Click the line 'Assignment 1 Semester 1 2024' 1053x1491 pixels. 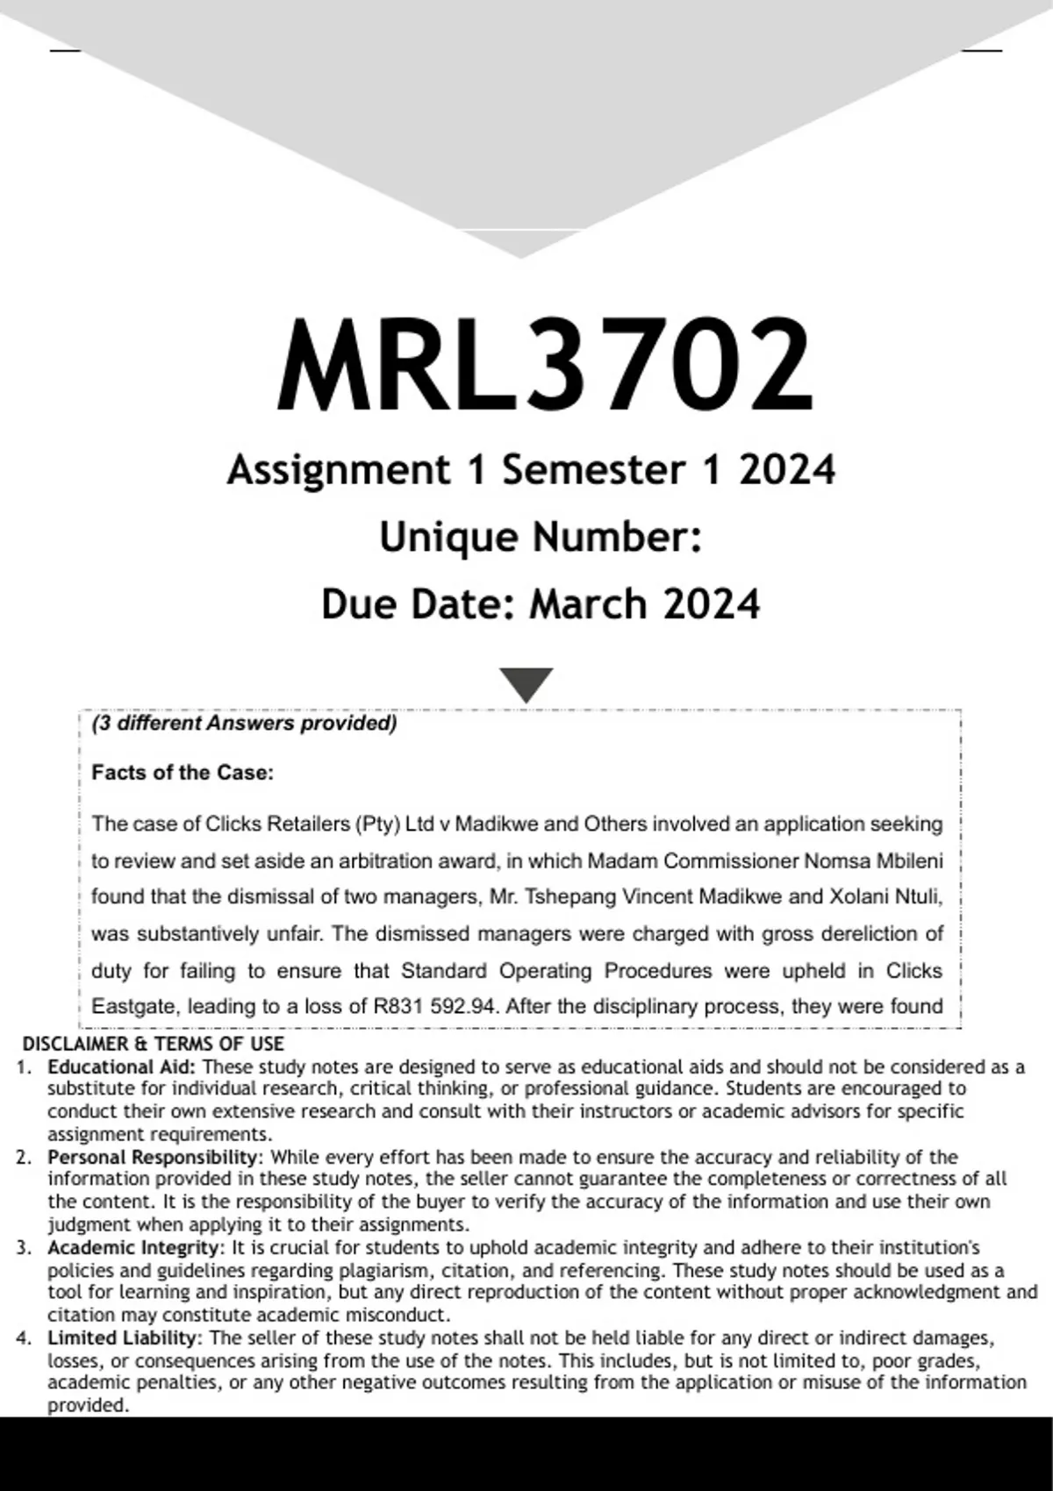531,470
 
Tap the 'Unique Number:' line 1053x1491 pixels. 541,537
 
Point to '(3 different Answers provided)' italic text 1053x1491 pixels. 244,724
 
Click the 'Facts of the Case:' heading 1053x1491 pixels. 183,773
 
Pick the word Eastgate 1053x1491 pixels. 134,1007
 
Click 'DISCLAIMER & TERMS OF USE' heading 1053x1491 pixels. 153,1044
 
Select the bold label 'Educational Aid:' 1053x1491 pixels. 122,1067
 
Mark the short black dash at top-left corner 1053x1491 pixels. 65,51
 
